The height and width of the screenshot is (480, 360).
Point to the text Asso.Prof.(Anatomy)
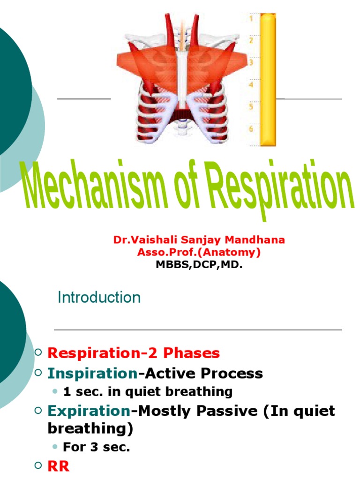pyautogui.click(x=199, y=253)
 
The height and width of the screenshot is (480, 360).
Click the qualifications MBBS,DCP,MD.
pyautogui.click(x=199, y=265)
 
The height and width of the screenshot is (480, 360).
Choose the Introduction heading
pyautogui.click(x=99, y=298)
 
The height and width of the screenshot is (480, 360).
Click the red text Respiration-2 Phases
pyautogui.click(x=134, y=353)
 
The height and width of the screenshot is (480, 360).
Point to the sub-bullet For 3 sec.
pyautogui.click(x=96, y=447)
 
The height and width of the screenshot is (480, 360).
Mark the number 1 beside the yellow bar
pyautogui.click(x=251, y=19)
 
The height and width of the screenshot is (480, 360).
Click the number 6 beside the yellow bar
pyautogui.click(x=251, y=128)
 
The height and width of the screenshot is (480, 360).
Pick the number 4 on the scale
pyautogui.click(x=251, y=85)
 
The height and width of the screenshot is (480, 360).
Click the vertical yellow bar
pyautogui.click(x=268, y=80)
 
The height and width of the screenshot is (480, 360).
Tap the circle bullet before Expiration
pyautogui.click(x=39, y=411)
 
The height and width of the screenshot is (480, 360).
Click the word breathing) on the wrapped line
pyautogui.click(x=90, y=428)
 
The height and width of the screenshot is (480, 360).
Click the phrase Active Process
pyautogui.click(x=203, y=374)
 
